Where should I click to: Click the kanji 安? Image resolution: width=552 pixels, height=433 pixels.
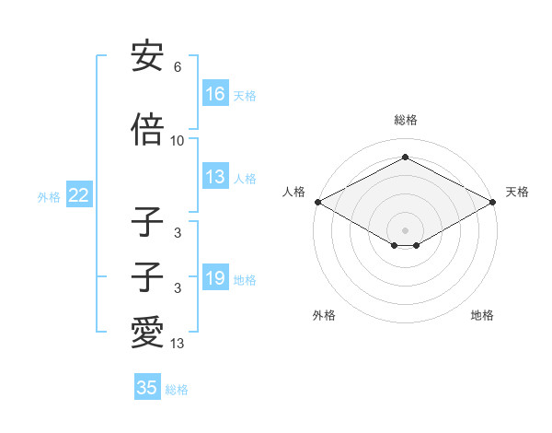(148, 57)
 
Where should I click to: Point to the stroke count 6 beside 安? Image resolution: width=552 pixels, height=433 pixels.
(178, 68)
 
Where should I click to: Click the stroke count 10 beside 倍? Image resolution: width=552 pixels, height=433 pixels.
(178, 141)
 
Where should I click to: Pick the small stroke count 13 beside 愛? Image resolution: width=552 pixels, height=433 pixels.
(178, 345)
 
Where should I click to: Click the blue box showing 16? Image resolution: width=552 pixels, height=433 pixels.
(215, 94)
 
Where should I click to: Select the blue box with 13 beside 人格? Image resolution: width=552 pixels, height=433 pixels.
(215, 178)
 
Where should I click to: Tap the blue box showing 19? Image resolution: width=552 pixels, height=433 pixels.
(215, 278)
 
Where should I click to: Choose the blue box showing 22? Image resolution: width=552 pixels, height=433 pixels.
(78, 195)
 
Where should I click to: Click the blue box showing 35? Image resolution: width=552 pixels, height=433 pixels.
(147, 388)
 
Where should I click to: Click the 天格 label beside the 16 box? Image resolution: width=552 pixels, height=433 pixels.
(245, 95)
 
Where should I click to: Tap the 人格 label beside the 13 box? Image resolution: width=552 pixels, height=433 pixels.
(245, 179)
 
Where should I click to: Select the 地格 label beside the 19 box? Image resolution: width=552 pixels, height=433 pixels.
(245, 279)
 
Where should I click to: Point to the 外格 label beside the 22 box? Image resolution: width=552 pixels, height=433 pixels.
(49, 196)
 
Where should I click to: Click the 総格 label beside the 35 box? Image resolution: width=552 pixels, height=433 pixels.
(177, 389)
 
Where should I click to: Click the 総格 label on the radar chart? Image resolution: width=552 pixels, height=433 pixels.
(405, 120)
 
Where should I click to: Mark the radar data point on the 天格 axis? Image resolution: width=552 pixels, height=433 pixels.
(494, 202)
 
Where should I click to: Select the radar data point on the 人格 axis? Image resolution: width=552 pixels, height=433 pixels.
(316, 202)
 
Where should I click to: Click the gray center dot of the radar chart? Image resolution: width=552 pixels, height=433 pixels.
(405, 229)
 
